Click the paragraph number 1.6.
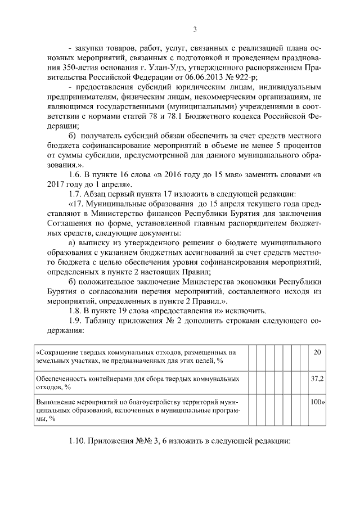(x=75, y=174)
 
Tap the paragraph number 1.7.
(x=75, y=194)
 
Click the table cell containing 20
(x=317, y=352)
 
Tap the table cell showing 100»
(x=318, y=403)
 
